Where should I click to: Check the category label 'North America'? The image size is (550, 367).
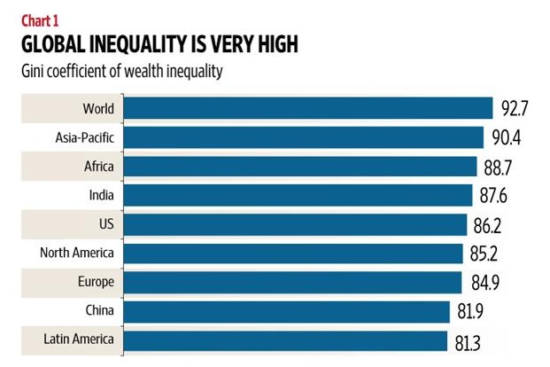pyautogui.click(x=77, y=254)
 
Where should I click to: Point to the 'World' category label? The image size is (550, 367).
pyautogui.click(x=98, y=108)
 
